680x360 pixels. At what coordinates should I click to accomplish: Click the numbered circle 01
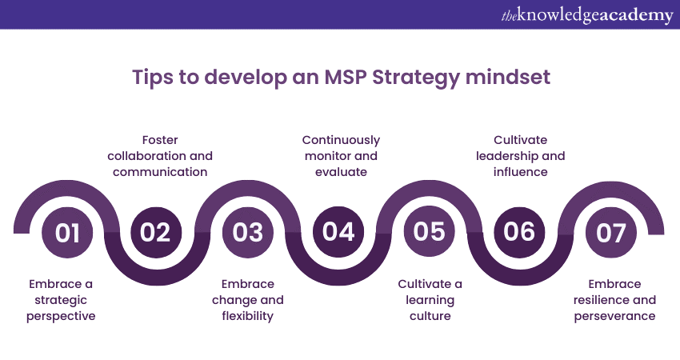click(68, 232)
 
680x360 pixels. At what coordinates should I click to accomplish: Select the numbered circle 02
click(156, 232)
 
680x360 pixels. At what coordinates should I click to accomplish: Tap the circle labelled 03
click(248, 232)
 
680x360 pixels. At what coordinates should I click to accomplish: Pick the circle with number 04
click(339, 232)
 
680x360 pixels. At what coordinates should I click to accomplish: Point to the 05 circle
click(430, 232)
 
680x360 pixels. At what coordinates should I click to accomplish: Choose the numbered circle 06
click(520, 232)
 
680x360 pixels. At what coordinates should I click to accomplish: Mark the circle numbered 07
click(610, 232)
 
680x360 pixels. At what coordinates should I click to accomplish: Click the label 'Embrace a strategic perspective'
click(62, 300)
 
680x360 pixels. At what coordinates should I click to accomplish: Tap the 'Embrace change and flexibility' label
click(248, 300)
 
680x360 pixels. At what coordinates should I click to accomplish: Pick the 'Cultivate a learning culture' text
click(430, 300)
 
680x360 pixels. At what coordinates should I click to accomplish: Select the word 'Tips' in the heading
click(150, 78)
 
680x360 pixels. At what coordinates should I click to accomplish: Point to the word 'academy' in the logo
click(637, 15)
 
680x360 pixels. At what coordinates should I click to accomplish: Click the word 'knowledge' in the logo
click(559, 15)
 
